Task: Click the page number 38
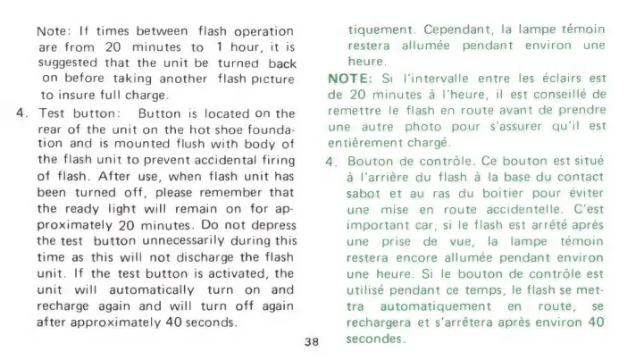[312, 341]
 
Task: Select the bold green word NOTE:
[350, 79]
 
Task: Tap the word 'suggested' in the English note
[68, 63]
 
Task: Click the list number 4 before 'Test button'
[21, 113]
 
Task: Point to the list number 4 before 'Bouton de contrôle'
[330, 162]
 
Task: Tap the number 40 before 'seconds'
[173, 322]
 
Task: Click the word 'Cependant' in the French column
[456, 30]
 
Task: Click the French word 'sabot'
[363, 193]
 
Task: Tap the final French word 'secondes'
[375, 339]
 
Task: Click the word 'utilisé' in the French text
[365, 290]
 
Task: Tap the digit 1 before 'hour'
[220, 47]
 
